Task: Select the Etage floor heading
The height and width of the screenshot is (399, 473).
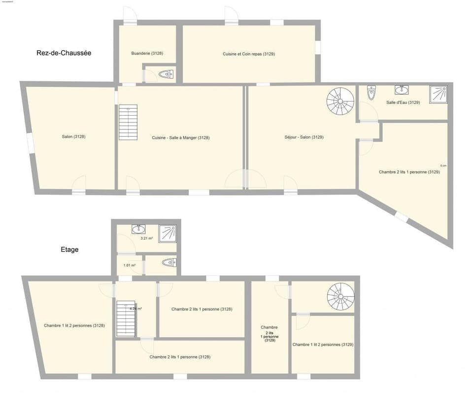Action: [69, 249]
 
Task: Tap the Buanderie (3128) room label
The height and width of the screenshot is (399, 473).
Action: [147, 53]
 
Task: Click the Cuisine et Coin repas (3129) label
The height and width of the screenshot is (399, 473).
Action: [249, 54]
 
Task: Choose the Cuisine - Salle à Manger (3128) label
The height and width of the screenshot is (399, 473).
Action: [181, 138]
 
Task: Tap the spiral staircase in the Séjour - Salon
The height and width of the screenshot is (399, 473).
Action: [340, 101]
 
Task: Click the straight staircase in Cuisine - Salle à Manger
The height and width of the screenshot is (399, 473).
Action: [128, 123]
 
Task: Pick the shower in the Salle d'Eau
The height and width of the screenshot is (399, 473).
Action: [438, 94]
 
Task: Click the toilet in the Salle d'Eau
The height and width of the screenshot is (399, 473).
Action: [372, 92]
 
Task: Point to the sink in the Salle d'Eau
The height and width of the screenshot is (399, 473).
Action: [402, 90]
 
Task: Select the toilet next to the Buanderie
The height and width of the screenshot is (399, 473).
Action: [167, 74]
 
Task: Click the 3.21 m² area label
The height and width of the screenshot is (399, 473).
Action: [147, 238]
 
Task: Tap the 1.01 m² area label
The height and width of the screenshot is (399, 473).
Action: [129, 265]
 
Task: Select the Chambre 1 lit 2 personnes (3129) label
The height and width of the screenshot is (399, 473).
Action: [323, 344]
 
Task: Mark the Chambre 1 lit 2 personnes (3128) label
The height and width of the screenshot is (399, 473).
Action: [74, 325]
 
